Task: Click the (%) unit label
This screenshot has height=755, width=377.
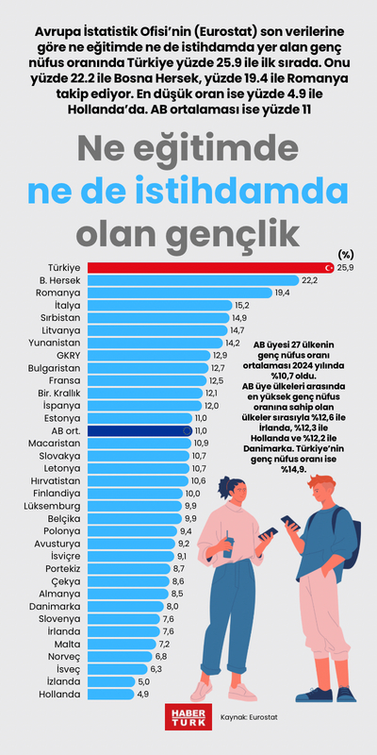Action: pos(345,254)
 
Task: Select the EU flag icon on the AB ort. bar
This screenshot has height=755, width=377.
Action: pos(187,429)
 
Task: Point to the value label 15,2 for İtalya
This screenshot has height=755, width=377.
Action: pos(241,306)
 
